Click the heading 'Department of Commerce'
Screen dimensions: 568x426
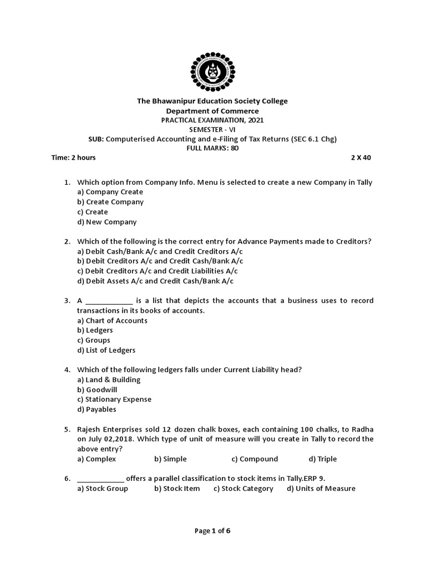click(x=213, y=111)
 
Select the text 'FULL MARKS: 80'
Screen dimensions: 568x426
click(x=213, y=148)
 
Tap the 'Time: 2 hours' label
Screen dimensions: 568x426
click(x=73, y=158)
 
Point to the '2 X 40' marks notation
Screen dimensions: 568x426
click(x=361, y=158)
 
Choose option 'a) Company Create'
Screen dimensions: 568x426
click(x=110, y=192)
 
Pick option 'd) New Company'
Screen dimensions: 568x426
click(x=106, y=222)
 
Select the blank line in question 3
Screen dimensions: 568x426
click(x=109, y=301)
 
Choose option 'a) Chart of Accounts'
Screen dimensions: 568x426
click(x=112, y=321)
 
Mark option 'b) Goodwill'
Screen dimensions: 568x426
click(x=97, y=389)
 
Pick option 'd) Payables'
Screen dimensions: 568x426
click(x=97, y=409)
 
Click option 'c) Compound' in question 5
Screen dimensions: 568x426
click(x=255, y=459)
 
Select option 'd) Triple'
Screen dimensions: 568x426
click(x=322, y=459)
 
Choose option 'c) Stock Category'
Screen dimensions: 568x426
click(x=243, y=489)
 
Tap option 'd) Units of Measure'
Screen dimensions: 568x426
click(x=321, y=489)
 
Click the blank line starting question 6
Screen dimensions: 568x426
click(x=100, y=479)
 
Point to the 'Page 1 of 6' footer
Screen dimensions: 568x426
click(x=212, y=531)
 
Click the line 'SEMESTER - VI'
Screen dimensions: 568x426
click(x=213, y=129)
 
